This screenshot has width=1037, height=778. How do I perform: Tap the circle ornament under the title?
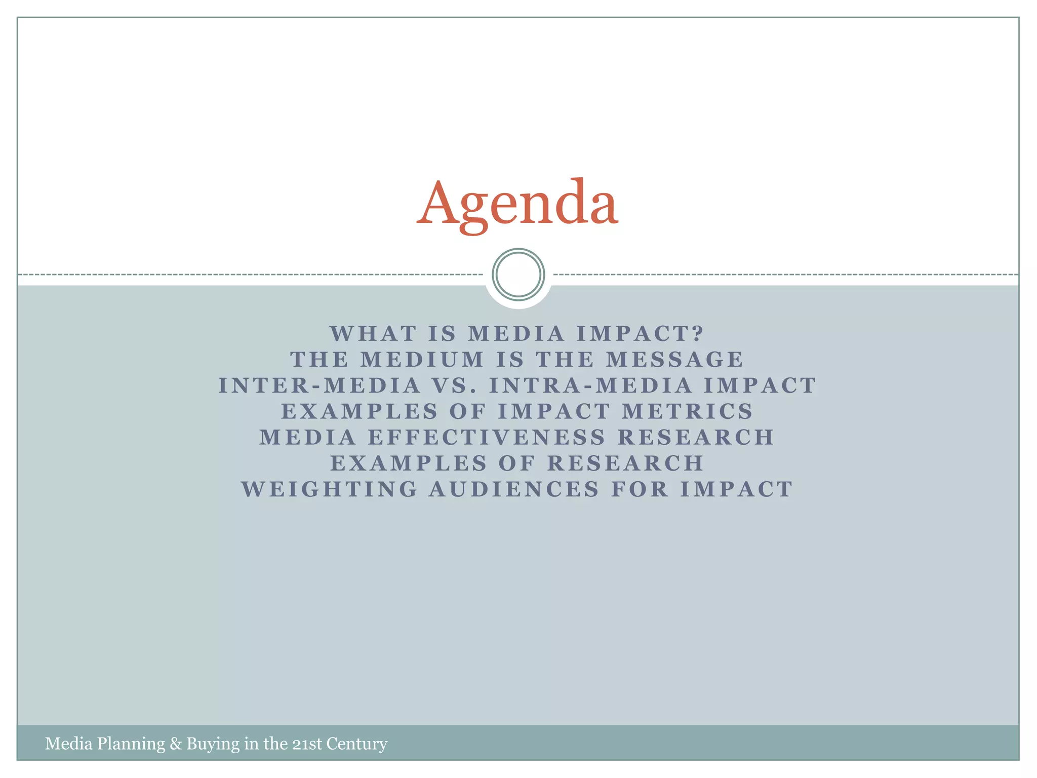(x=518, y=275)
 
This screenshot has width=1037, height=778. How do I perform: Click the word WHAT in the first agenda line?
(x=374, y=334)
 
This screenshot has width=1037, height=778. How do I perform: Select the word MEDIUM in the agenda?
(x=422, y=360)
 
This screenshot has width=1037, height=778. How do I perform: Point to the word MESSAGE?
(x=675, y=360)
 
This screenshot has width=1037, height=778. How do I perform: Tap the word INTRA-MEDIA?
(x=590, y=385)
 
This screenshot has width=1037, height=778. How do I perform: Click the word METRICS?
(x=688, y=411)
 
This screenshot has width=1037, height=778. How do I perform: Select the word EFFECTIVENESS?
(x=487, y=438)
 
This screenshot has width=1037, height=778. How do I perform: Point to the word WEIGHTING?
(x=330, y=490)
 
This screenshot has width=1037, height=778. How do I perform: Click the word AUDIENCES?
(x=514, y=490)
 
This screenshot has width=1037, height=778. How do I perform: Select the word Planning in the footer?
(x=131, y=744)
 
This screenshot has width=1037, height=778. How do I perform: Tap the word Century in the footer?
(x=357, y=744)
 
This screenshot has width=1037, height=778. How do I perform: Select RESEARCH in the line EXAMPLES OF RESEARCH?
(x=626, y=463)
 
